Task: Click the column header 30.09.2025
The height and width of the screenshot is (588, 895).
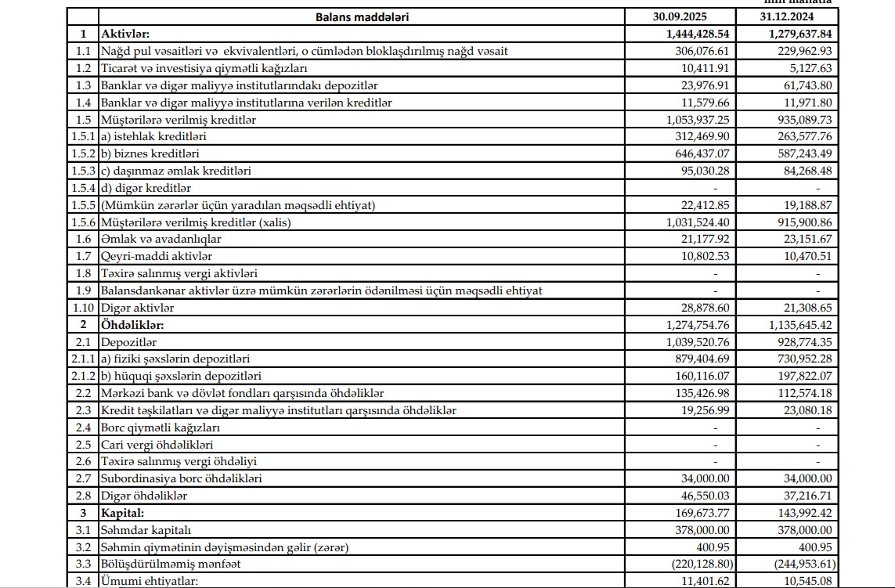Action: (679, 16)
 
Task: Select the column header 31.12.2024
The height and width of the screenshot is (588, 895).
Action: (785, 16)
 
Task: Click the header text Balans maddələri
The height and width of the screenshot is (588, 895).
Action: (362, 16)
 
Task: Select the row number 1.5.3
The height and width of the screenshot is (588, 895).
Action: (82, 171)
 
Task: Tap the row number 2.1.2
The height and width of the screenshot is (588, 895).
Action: (82, 376)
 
